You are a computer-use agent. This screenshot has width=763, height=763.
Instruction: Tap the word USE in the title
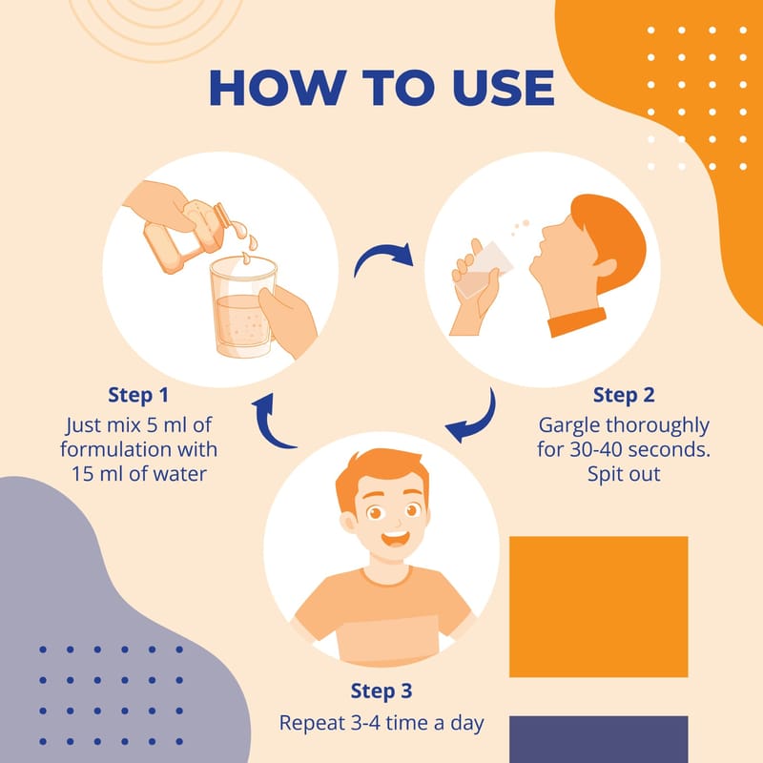coord(504,88)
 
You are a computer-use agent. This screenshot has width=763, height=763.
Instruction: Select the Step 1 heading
coord(138,395)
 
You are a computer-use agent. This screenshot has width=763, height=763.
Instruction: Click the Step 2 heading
coord(624,395)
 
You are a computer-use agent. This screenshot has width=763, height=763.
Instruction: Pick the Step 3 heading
coord(381,691)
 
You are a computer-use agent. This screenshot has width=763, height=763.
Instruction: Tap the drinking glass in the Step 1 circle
coord(243,306)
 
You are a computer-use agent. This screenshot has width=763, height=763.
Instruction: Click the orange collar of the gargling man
coord(577,321)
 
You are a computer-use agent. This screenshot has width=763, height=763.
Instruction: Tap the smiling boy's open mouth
coord(395,539)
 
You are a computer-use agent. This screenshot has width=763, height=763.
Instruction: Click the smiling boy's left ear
coord(347,523)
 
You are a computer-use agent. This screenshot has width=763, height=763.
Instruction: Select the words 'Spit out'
coord(624,474)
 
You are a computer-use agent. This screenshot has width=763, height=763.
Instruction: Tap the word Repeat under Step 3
coord(313,724)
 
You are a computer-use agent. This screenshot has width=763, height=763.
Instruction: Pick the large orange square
coord(599,607)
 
